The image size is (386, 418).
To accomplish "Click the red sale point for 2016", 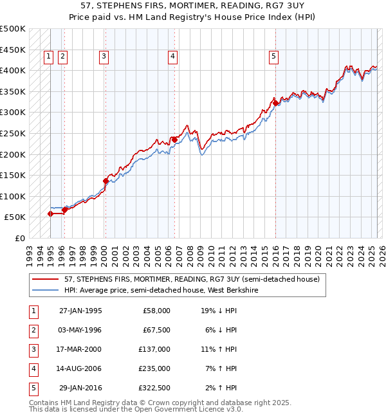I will pyautogui.click(x=275, y=102).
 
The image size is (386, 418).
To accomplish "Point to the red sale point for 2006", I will pyautogui.click(x=174, y=139).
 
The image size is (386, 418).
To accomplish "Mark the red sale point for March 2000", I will pyautogui.click(x=106, y=181).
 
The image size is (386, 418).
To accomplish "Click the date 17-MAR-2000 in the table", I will pyautogui.click(x=80, y=349).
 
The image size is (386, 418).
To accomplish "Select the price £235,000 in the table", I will pyautogui.click(x=156, y=368).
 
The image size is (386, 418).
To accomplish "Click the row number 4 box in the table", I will pyautogui.click(x=33, y=368).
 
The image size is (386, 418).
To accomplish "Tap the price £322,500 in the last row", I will pyautogui.click(x=156, y=388).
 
